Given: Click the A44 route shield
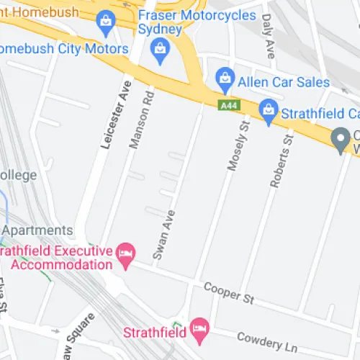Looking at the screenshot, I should click(228, 105).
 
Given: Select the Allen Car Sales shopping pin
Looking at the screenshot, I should click(225, 77).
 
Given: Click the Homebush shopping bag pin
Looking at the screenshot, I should click(107, 21).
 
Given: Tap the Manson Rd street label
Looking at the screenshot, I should click(141, 118).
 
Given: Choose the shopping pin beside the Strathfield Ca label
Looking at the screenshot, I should click(269, 110).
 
